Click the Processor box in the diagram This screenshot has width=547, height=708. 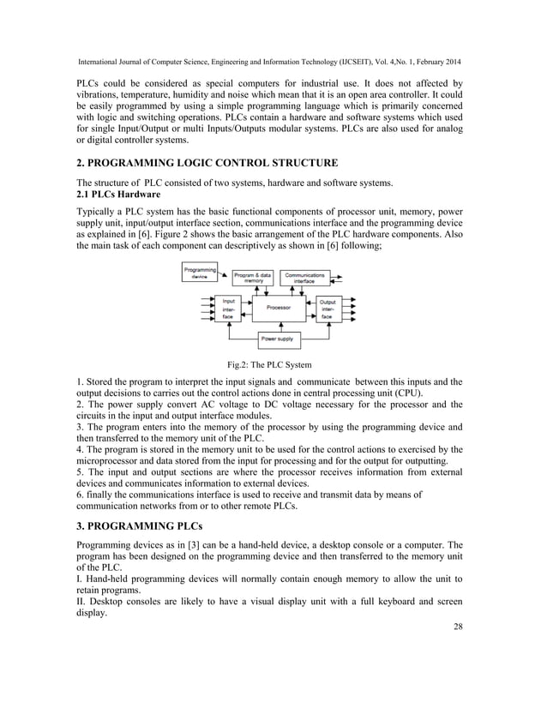click(278, 307)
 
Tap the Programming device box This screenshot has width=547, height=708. click(199, 273)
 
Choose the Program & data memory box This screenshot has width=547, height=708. click(254, 277)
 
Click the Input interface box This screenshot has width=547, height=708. click(229, 309)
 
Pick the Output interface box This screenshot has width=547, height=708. click(328, 309)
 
